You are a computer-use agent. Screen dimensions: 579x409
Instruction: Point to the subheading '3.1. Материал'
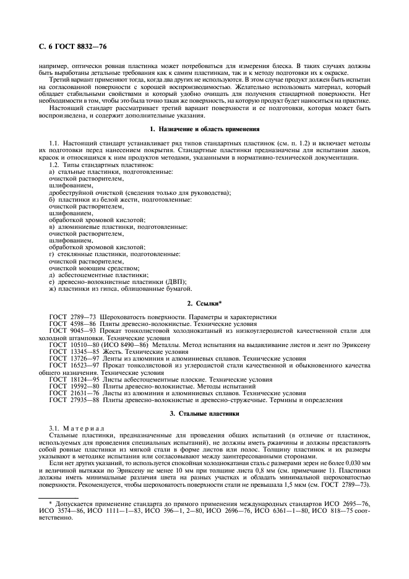[77, 428]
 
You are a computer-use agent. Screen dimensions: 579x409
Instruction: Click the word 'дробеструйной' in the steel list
[66, 192]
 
